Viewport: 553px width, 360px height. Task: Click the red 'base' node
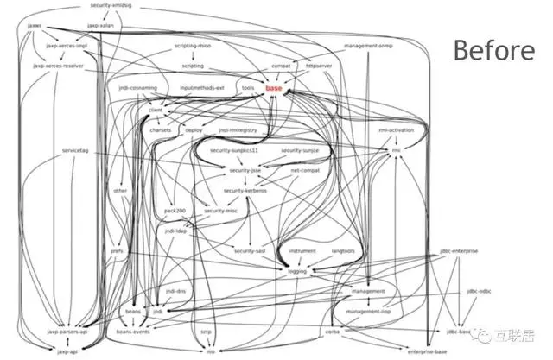[274, 89]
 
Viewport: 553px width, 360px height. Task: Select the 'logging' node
[297, 270]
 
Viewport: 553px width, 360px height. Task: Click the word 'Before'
[495, 49]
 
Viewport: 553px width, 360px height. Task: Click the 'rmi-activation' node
[397, 130]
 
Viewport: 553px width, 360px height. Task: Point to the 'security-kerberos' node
[245, 190]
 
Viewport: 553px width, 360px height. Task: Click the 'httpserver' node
[320, 66]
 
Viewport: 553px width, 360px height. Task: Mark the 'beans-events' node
[133, 330]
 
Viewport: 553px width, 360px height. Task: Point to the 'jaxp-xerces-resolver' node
[56, 66]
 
